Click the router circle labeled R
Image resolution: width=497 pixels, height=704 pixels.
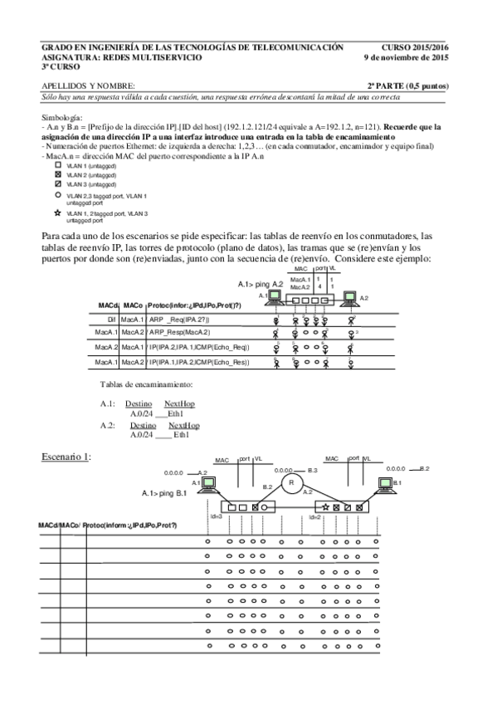(290, 482)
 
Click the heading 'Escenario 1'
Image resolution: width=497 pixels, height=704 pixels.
(66, 457)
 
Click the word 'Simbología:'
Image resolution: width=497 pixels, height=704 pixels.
(61, 119)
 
